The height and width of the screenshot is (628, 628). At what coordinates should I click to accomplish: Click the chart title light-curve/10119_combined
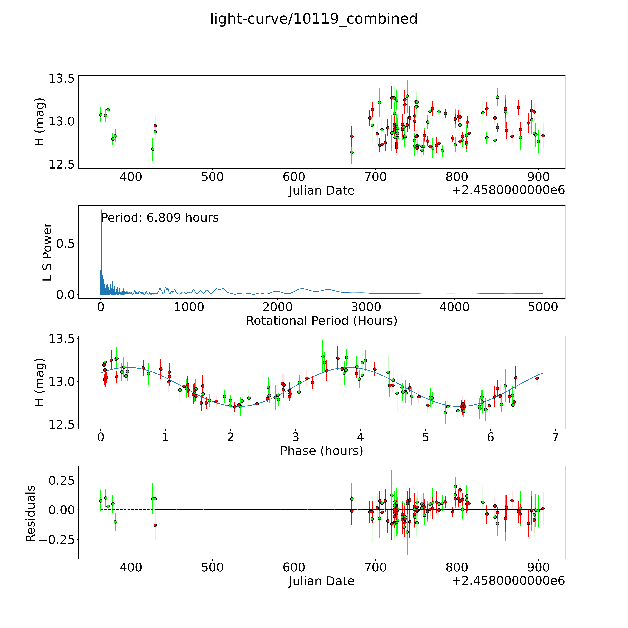[x=314, y=19]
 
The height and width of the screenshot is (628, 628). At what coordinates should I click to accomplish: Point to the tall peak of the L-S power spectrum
[x=101, y=211]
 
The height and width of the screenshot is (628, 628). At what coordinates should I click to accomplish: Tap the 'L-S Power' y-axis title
[x=47, y=252]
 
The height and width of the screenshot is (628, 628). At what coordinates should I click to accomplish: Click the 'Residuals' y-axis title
[x=31, y=514]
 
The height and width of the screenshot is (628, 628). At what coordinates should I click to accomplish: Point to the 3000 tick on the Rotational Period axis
[x=366, y=307]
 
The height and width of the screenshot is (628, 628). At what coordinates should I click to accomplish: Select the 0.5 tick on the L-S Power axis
[x=66, y=243]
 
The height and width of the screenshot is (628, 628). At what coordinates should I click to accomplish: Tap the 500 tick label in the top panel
[x=212, y=177]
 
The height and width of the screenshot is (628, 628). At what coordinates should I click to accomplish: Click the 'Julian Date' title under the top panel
[x=321, y=190]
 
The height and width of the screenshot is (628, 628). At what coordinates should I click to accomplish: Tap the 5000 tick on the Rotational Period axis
[x=543, y=307]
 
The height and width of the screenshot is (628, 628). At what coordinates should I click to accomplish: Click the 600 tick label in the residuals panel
[x=294, y=568]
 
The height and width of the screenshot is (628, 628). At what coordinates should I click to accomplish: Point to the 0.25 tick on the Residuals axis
[x=61, y=480]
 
